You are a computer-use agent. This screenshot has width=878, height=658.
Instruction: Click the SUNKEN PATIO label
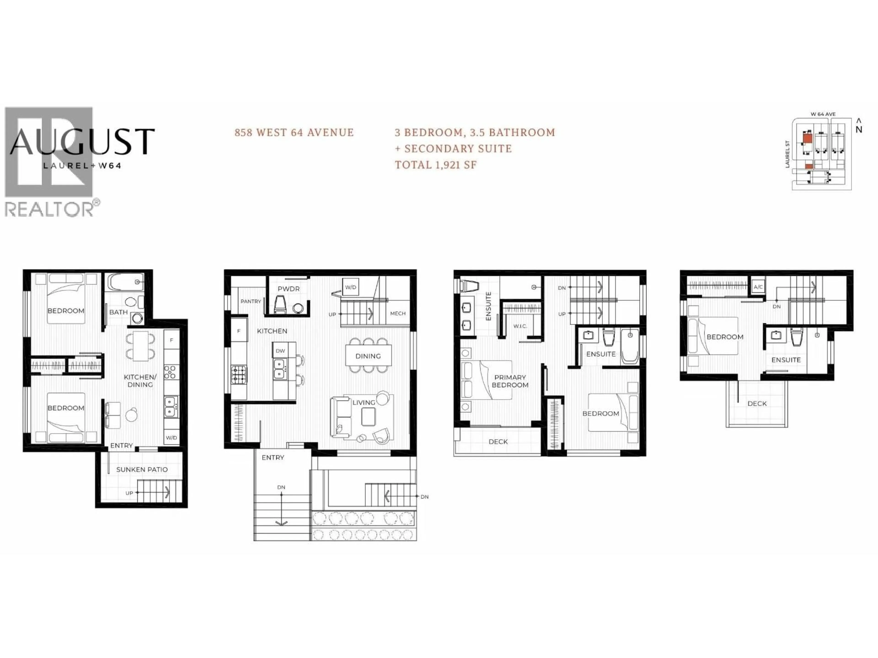coord(142,470)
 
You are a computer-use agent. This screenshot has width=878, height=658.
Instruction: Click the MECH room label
coord(398,313)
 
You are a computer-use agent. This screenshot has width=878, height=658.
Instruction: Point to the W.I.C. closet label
coord(520,326)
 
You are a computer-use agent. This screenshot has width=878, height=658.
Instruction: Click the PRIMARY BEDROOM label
coord(510,381)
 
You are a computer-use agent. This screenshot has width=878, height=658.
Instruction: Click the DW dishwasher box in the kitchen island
coord(280,351)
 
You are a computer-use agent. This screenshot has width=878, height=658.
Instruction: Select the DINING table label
coord(368,356)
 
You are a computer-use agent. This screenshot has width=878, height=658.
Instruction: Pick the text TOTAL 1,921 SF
coord(435,165)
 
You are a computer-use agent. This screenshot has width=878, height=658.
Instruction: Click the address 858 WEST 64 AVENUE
coord(294,133)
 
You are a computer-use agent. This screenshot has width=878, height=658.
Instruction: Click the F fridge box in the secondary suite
coord(171,340)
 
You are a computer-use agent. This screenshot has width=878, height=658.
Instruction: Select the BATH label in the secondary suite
coord(118,312)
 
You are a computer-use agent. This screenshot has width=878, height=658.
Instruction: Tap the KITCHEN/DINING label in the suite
coord(140,381)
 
